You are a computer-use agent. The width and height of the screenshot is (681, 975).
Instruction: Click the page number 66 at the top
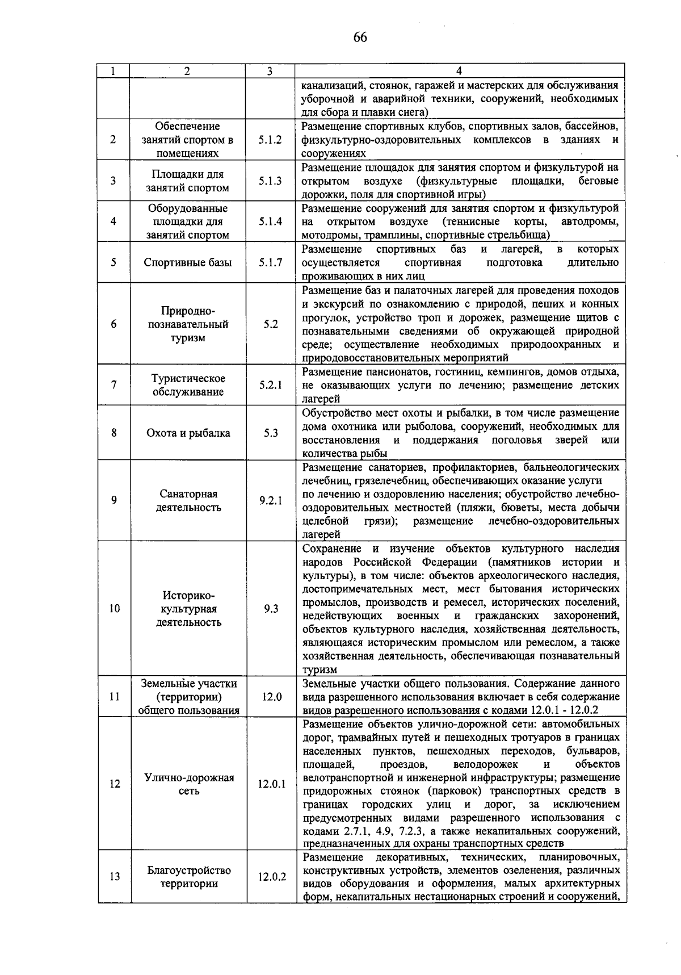pos(360,37)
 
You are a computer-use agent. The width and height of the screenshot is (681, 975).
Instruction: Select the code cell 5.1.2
pos(270,140)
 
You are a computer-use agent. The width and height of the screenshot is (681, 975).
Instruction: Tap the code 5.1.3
pos(270,181)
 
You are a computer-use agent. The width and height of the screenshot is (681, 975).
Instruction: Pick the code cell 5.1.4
pos(270,221)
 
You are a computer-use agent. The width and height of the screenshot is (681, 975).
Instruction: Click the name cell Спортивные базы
pos(188,262)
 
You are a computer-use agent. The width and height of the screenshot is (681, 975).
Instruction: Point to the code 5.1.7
pos(270,262)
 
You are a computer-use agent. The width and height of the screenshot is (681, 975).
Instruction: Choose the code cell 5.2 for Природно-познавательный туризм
pos(271,324)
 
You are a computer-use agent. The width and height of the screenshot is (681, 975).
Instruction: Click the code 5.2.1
pos(271,385)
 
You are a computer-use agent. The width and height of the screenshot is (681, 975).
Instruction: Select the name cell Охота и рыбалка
pos(188,433)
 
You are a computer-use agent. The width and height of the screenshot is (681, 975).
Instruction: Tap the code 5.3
pos(271,433)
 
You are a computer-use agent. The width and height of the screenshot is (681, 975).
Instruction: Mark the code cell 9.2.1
pos(271,501)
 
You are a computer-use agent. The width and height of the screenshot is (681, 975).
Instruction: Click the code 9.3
pos(271,609)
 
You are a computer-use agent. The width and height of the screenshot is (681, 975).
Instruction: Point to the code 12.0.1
pos(272,784)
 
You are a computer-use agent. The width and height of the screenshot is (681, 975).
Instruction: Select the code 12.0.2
pos(272,877)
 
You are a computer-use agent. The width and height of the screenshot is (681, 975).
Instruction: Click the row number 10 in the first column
pos(115,609)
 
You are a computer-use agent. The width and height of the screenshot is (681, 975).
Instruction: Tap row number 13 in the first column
pos(115,877)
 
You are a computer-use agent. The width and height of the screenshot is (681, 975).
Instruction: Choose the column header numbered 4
pos(459,71)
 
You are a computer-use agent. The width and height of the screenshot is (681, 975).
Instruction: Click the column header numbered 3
pos(270,71)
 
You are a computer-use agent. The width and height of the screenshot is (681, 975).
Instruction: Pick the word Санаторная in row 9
pos(188,494)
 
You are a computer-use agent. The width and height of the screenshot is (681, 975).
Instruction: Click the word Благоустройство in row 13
pos(189,870)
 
